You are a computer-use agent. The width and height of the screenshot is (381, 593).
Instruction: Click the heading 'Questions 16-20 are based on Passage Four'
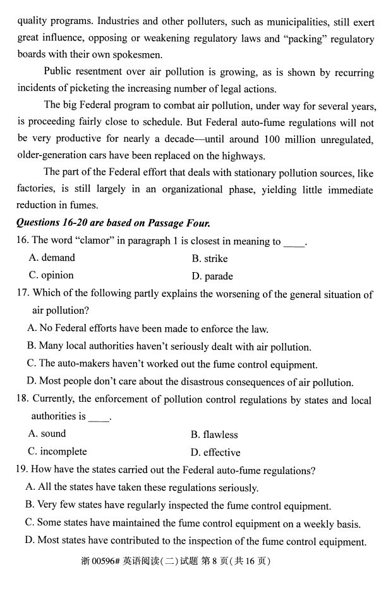pyautogui.click(x=113, y=223)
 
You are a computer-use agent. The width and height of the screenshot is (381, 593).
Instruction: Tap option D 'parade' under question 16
pyautogui.click(x=212, y=276)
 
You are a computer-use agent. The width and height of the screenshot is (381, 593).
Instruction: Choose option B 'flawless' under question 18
pyautogui.click(x=214, y=435)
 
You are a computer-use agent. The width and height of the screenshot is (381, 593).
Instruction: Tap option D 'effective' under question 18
pyautogui.click(x=215, y=453)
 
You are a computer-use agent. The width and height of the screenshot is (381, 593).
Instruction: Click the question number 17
pyautogui.click(x=22, y=294)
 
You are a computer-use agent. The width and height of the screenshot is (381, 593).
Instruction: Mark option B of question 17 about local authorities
pyautogui.click(x=169, y=346)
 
